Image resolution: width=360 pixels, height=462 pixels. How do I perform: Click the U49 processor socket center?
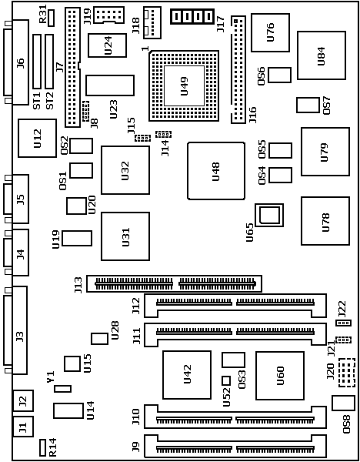(x=184, y=85)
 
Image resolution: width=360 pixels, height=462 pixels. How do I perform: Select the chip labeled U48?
(x=216, y=171)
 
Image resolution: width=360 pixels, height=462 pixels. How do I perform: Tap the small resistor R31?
(x=52, y=18)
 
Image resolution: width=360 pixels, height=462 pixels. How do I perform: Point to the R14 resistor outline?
(x=42, y=447)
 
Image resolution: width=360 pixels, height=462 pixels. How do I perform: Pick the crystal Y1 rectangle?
(x=63, y=389)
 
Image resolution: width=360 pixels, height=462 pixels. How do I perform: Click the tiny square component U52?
(x=226, y=380)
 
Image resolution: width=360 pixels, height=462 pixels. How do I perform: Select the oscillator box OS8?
(x=343, y=403)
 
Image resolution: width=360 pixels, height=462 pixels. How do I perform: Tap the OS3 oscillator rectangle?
(x=233, y=360)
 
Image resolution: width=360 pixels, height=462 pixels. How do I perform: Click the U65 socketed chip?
(x=269, y=215)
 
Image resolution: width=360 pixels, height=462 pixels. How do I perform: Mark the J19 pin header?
(x=108, y=15)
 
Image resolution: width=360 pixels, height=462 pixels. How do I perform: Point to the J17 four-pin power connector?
(x=192, y=16)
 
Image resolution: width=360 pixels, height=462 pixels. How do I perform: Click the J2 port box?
(x=23, y=400)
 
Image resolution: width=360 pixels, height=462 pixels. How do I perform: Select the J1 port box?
(x=23, y=427)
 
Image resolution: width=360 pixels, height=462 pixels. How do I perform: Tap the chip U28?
(x=99, y=339)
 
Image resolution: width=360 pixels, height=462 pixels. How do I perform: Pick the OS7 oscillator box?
(x=308, y=105)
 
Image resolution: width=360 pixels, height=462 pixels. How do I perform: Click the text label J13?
(x=78, y=285)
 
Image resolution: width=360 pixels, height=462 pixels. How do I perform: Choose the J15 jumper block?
(x=143, y=138)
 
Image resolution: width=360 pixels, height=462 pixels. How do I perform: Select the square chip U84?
(x=322, y=55)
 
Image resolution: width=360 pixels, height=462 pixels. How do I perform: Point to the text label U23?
(x=113, y=109)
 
